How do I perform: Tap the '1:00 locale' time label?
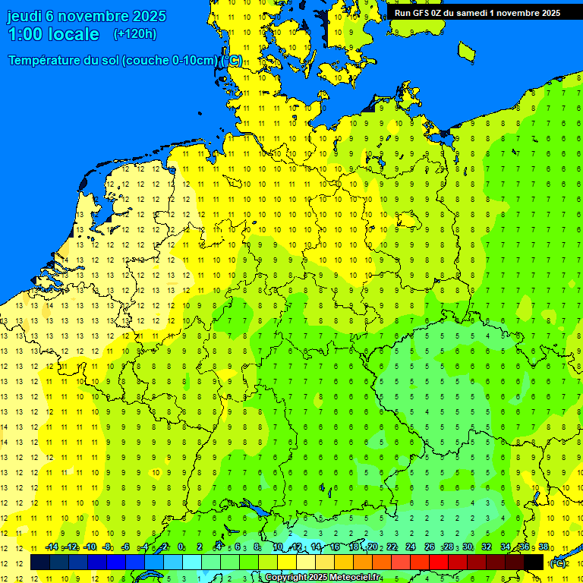pos(53,34)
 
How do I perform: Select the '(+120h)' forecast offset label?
pos(134,33)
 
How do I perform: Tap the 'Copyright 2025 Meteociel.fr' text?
pos(323,578)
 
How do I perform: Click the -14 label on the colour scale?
pos(52,547)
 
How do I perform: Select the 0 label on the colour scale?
pos(181,547)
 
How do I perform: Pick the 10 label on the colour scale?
pos(278,547)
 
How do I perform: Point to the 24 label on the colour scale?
pos(410,547)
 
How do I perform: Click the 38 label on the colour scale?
pos(544,547)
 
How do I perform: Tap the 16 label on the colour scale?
pos(335,547)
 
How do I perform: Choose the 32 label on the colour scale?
pos(487,547)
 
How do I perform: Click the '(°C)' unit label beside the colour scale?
pos(558,563)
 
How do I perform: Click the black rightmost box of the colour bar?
pos(534,562)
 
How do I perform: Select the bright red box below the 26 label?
pos(439,562)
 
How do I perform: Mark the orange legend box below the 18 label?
pos(363,562)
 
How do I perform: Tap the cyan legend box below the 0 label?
pos(192,562)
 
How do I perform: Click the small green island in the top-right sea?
pos(467,51)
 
